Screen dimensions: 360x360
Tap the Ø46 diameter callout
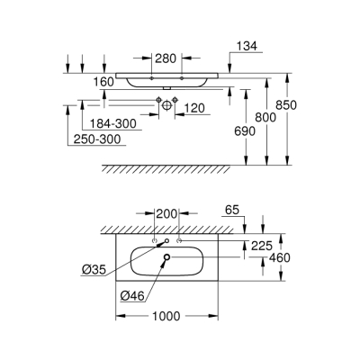pyautogui.click(x=131, y=293)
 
